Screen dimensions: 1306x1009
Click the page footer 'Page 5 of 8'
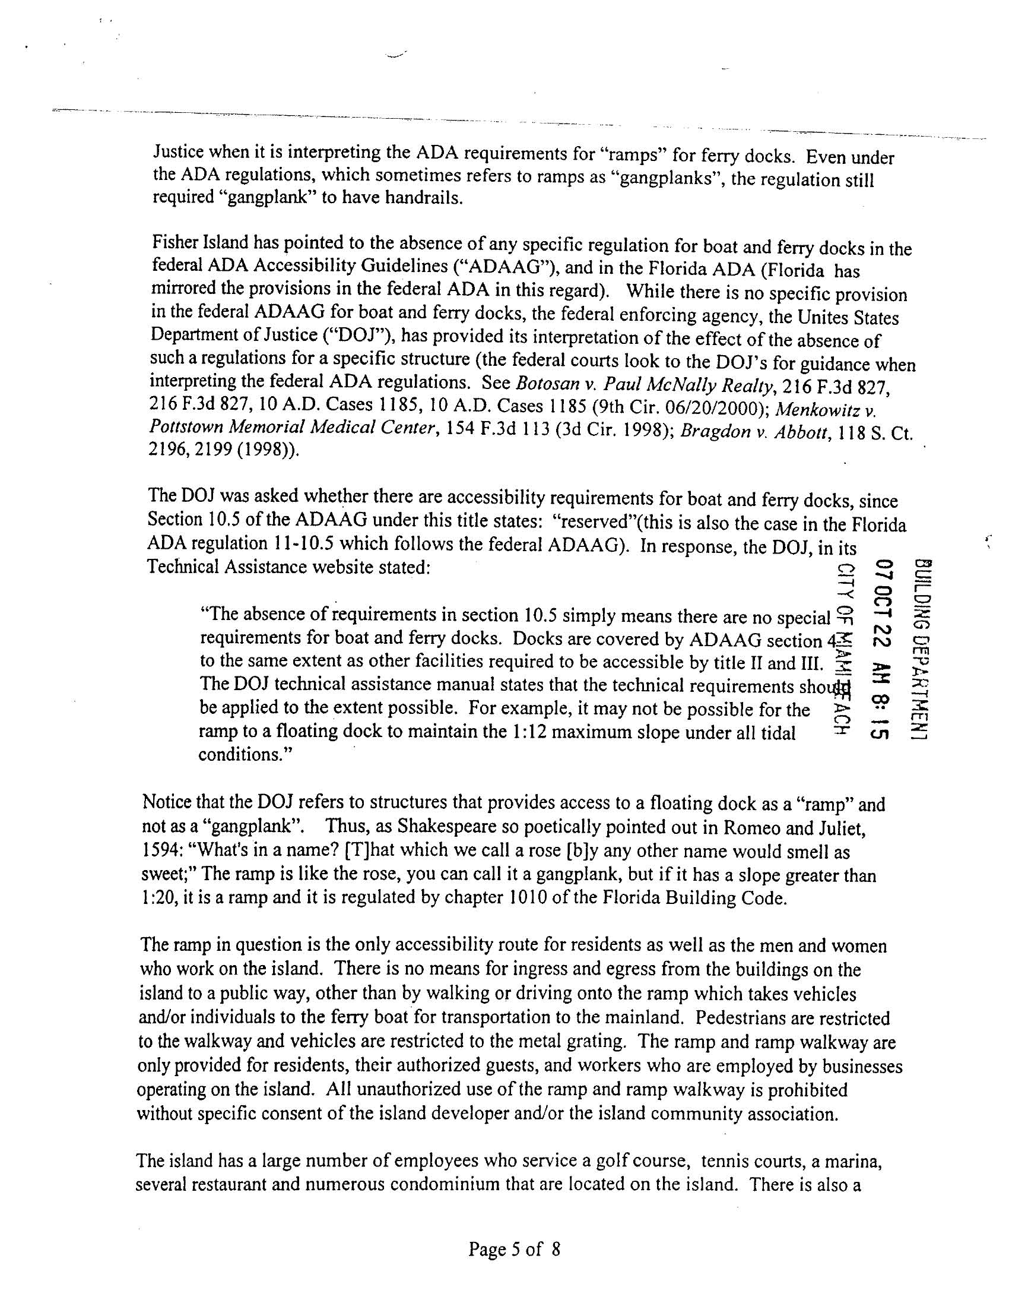(514, 1249)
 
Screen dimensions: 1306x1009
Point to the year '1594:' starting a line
(157, 850)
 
